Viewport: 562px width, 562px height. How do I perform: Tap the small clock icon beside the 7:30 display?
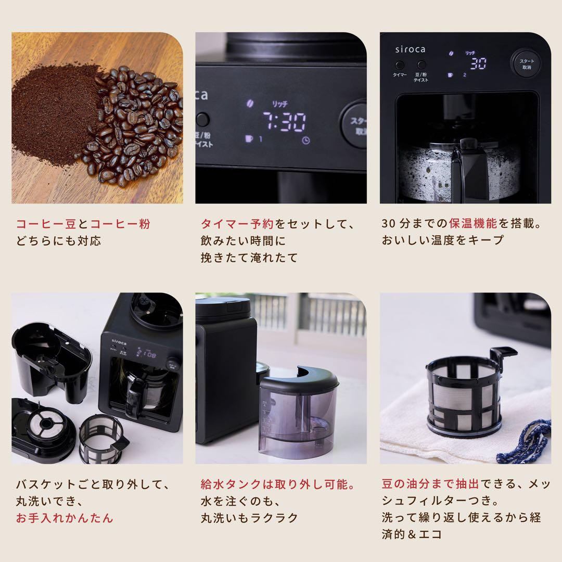(306, 140)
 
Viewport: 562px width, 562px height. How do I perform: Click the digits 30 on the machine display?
(478, 63)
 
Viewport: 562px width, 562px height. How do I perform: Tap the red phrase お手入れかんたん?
(65, 518)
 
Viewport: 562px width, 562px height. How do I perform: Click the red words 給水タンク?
(231, 484)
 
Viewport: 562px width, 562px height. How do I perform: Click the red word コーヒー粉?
(120, 224)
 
